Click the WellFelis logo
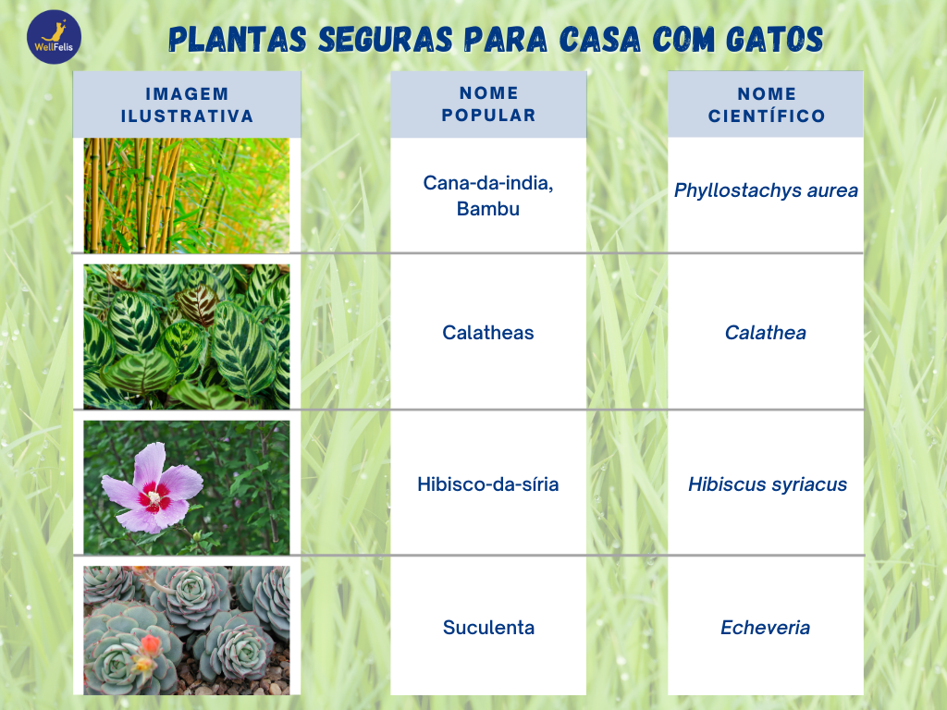point(54,37)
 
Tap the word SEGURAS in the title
point(386,40)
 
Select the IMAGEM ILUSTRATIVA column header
point(187,104)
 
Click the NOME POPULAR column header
point(488,104)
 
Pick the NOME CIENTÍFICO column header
point(766,104)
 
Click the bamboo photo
point(187,195)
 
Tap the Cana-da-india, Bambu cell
point(488,195)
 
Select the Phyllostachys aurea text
point(766,190)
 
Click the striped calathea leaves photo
point(187,337)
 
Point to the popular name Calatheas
point(488,333)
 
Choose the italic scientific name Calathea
point(765,333)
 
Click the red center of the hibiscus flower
point(154,497)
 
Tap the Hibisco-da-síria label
point(488,484)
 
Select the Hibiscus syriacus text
point(768,484)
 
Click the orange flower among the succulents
point(151,645)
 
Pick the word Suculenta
point(488,628)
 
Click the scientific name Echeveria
point(765,628)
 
